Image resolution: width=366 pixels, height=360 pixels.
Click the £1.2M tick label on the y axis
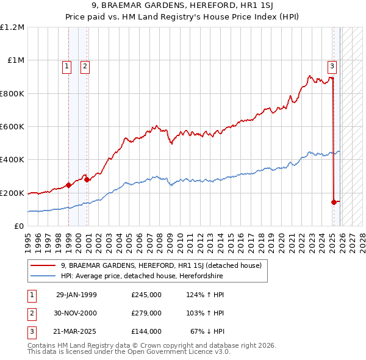pos(12,27)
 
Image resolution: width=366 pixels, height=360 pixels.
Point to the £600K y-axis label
pos(12,127)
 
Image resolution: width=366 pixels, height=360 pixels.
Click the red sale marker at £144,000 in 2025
pos(334,202)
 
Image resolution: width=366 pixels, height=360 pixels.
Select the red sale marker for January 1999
pos(68,185)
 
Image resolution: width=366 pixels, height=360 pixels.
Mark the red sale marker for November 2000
pos(87,179)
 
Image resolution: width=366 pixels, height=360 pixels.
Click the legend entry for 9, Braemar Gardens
pos(161,265)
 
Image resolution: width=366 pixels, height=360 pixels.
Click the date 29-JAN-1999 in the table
pos(76,295)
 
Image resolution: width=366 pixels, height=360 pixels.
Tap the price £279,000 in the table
pos(146,313)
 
